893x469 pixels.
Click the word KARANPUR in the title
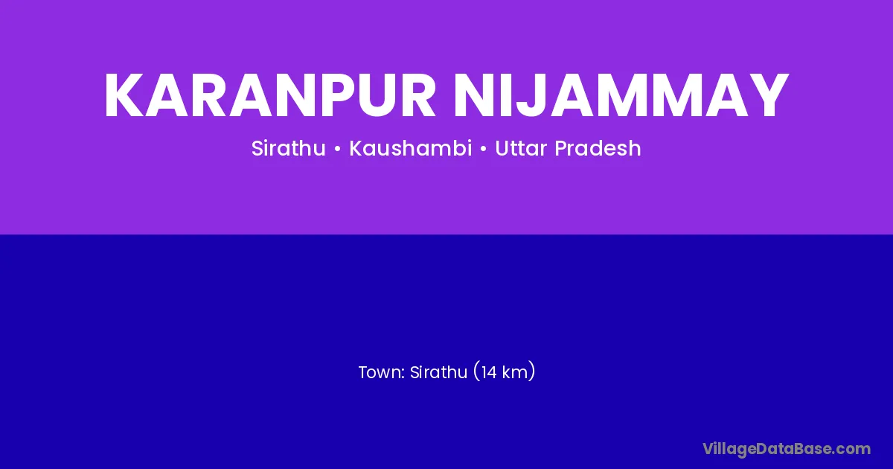270,95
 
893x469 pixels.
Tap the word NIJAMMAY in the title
621,95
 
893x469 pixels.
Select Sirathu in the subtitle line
289,148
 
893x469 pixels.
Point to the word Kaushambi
411,148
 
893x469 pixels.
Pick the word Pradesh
598,148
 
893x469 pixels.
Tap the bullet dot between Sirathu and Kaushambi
338,149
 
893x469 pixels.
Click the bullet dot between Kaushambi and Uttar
484,149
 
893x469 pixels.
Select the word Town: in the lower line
382,372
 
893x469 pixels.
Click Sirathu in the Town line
438,372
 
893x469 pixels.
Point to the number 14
489,372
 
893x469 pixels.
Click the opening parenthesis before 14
476,372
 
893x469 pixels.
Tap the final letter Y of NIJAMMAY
768,95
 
